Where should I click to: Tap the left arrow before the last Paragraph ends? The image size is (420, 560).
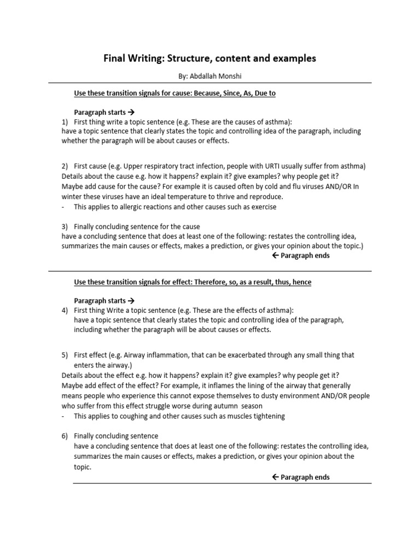click(x=275, y=477)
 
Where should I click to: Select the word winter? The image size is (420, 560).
click(x=72, y=196)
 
